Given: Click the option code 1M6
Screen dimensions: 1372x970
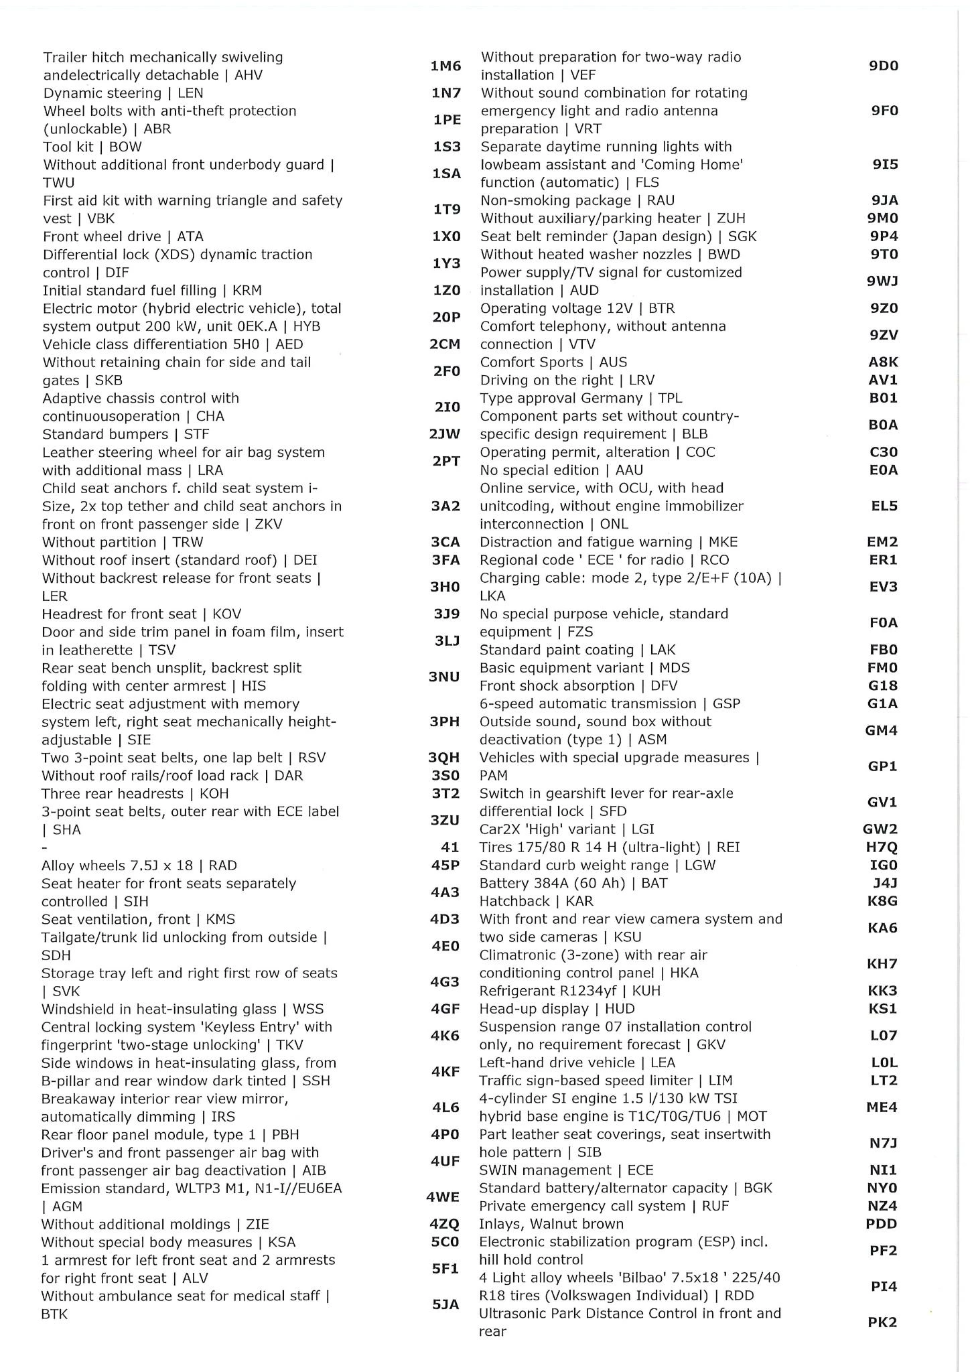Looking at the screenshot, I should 445,66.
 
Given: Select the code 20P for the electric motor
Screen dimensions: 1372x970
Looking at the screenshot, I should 445,317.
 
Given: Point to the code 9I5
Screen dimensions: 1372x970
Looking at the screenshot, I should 884,164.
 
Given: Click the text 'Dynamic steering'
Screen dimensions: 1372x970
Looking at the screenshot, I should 102,93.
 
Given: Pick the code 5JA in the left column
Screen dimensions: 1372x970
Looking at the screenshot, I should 445,1304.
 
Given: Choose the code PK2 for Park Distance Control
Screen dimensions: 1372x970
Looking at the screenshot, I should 882,1322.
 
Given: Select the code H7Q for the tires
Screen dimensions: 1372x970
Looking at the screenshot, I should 882,847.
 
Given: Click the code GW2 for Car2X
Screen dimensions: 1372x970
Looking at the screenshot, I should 880,829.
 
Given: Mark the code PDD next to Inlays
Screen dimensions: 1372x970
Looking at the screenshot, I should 882,1224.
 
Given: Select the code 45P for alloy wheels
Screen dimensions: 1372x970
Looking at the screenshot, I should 445,866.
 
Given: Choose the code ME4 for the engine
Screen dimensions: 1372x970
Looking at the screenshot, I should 882,1107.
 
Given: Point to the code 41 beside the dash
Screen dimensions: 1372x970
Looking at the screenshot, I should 450,847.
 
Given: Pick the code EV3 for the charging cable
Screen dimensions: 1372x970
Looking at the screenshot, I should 883,587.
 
